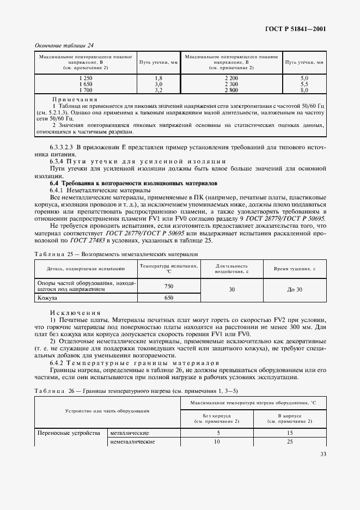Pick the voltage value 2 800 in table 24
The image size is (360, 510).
pos(231,89)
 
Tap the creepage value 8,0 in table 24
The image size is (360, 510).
pos(304,89)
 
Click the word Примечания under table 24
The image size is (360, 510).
pos(75,100)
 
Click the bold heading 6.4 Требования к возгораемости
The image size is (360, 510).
pos(133,184)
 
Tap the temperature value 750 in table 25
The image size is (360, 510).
pos(169,286)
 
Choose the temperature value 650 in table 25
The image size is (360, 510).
pos(169,298)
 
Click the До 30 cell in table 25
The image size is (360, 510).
pos(294,289)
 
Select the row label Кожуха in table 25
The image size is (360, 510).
pos(47,298)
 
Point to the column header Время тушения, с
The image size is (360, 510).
pos(294,269)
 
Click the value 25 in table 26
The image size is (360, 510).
pos(290,441)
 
